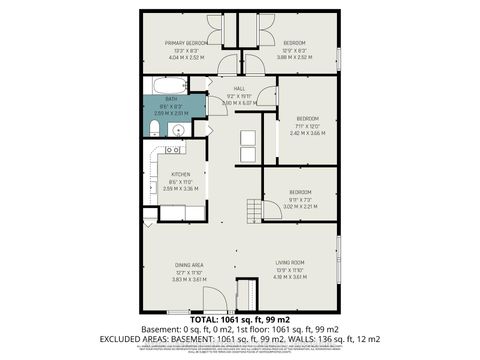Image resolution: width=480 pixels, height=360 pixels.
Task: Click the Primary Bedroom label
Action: [x=186, y=43]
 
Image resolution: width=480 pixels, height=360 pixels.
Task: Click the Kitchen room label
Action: [x=180, y=174]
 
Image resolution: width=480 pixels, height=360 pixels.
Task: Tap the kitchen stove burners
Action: [x=172, y=150]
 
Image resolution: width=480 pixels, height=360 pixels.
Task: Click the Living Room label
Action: [x=290, y=263]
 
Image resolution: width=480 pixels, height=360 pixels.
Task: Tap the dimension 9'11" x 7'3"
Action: [x=300, y=199]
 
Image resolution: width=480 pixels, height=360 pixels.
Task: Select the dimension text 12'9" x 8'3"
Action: [x=294, y=50]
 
